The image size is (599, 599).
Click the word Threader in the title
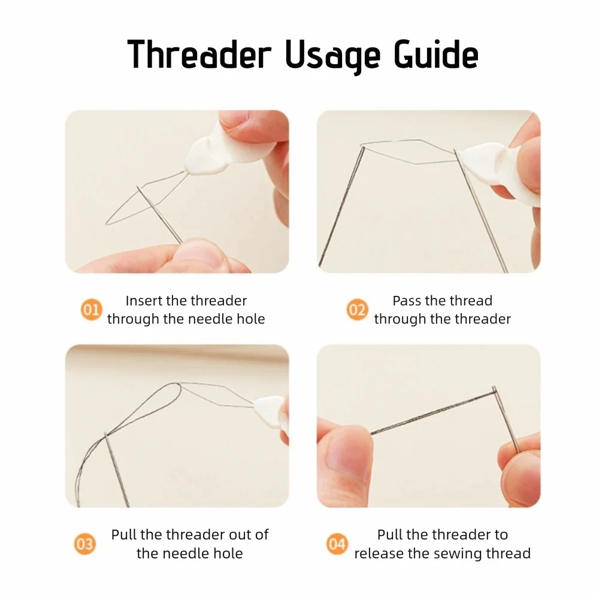coord(199,54)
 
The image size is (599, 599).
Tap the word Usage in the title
coord(332,56)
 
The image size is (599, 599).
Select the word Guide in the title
coord(436,54)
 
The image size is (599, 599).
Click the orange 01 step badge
coord(91,310)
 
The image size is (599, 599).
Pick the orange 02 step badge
coord(357,310)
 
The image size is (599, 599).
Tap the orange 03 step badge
coord(84,544)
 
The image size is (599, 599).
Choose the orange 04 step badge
coord(337,544)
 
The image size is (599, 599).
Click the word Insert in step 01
coord(143,301)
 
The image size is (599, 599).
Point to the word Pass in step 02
coord(407,301)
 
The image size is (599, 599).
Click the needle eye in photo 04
coord(494,390)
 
